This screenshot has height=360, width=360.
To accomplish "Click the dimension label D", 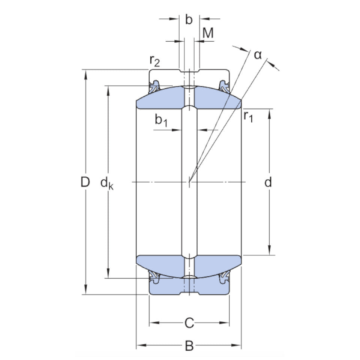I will pos(85,183).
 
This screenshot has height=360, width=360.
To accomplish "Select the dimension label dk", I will pos(107,183).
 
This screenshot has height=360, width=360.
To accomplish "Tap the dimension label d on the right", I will pos(268,183).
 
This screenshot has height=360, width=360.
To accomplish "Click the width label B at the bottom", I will pos(189,346).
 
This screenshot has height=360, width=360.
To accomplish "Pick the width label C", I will pos(189,322).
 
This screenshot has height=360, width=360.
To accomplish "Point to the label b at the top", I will pos(189,20).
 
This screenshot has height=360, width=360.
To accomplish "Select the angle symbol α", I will pos(258,55).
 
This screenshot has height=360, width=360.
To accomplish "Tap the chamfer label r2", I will pos(154,60).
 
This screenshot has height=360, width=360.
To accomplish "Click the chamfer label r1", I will pos(248,117).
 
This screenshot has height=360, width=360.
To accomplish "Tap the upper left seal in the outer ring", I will pos(154,86).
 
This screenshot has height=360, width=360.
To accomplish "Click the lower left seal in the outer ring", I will pos(154,278).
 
